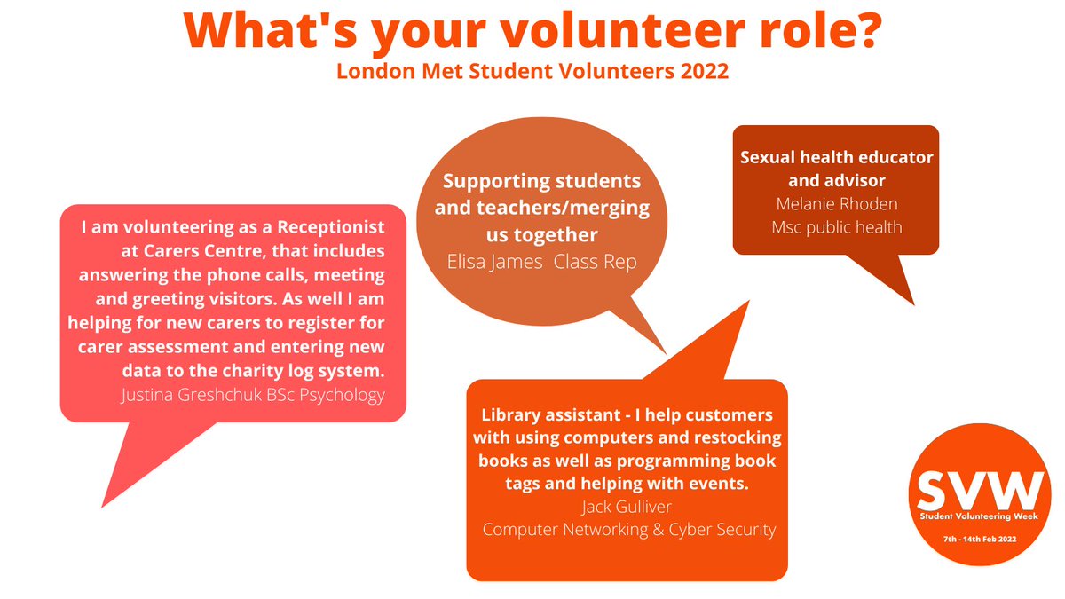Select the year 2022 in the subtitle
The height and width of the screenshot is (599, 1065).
[705, 71]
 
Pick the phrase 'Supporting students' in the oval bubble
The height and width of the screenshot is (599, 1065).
[541, 182]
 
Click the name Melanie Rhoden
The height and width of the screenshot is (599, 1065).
[836, 204]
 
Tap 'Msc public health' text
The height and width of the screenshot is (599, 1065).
[836, 227]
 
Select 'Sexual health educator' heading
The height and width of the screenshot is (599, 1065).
[836, 158]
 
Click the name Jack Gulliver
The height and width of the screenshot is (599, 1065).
[627, 507]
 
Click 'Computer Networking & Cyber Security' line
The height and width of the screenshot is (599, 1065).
[628, 530]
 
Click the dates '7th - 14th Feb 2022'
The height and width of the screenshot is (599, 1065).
[975, 539]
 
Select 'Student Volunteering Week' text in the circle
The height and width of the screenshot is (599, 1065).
[975, 516]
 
